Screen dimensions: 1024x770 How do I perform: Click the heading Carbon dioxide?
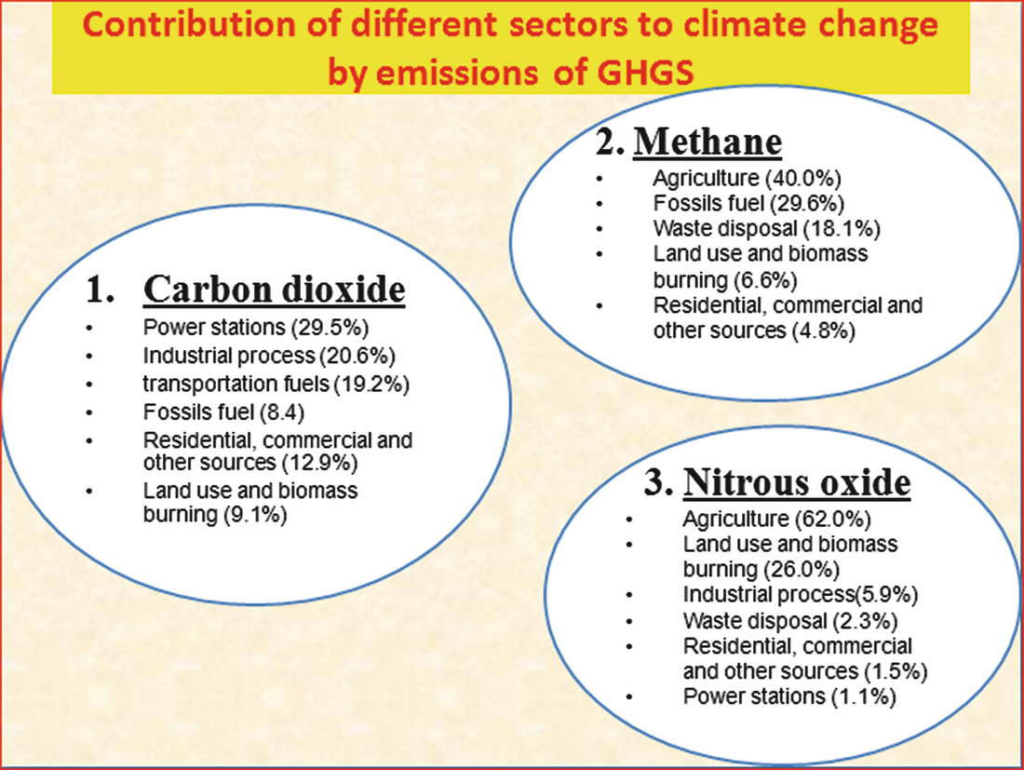(275, 290)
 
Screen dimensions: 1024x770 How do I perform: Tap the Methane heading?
(707, 142)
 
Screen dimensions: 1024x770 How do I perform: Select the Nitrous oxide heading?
(797, 482)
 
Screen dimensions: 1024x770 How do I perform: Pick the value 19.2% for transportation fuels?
(371, 384)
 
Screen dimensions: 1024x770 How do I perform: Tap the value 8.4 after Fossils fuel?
(282, 412)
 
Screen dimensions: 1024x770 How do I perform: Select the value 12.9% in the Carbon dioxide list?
(320, 463)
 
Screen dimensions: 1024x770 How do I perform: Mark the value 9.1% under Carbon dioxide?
(255, 515)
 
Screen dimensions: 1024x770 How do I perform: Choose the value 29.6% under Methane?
(807, 203)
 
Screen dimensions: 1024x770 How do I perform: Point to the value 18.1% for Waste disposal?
(842, 229)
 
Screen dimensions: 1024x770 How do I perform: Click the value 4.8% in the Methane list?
(824, 331)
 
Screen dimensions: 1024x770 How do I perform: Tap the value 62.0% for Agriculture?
(833, 520)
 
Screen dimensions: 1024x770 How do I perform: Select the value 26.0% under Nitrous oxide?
(802, 570)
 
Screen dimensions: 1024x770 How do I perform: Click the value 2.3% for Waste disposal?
(866, 621)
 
